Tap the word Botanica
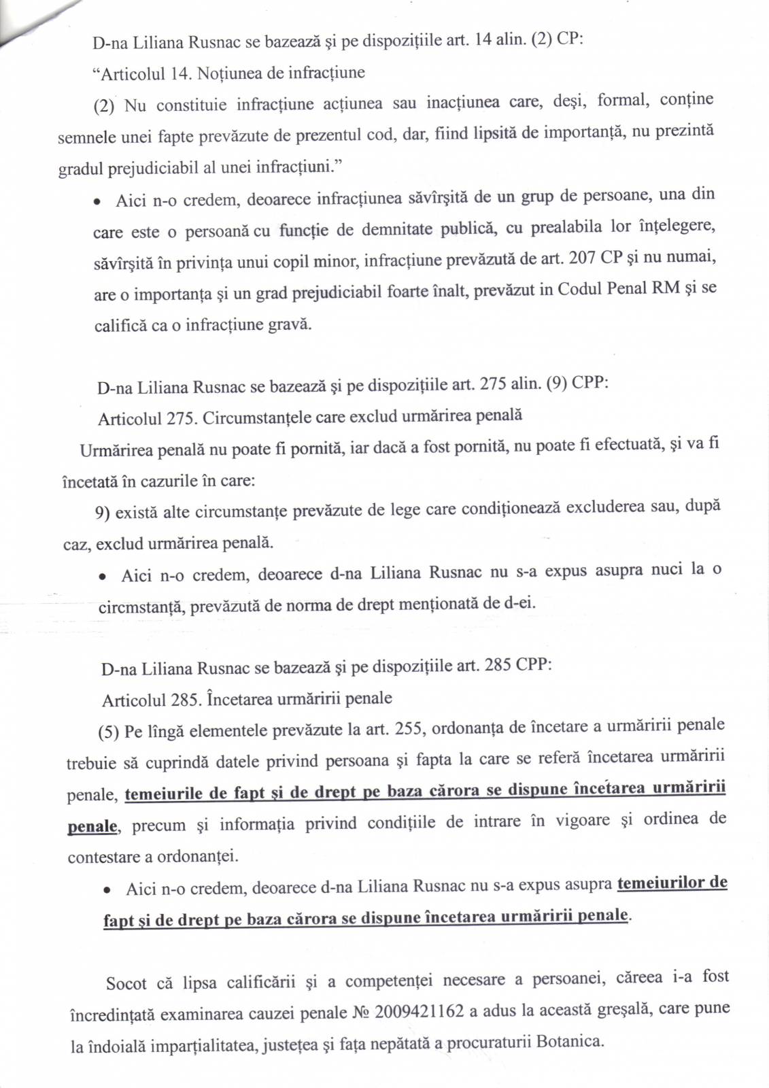pos(570,1041)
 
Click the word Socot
pos(126,983)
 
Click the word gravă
pos(290,324)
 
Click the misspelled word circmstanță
pos(141,607)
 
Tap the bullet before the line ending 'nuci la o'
pos(101,577)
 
